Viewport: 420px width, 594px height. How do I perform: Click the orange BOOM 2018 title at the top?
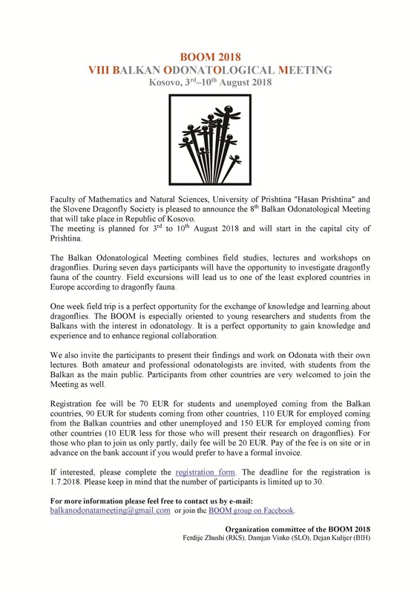coord(210,56)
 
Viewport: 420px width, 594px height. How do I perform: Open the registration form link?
coord(204,471)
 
